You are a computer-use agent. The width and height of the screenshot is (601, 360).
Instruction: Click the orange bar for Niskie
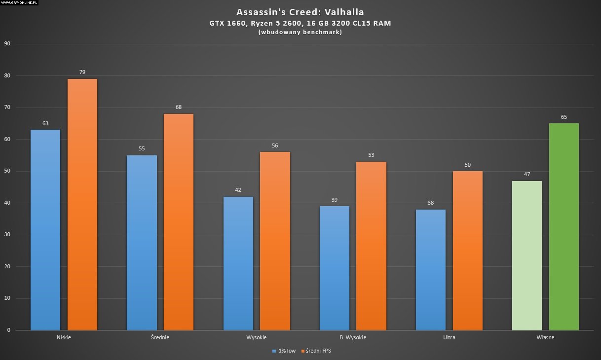[82, 204]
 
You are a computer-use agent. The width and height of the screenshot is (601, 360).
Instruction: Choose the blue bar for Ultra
[431, 270]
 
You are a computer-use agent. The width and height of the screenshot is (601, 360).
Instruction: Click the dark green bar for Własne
[564, 226]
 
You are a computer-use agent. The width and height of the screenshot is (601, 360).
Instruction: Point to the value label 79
[82, 72]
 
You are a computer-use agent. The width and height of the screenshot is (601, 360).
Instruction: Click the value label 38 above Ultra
[431, 202]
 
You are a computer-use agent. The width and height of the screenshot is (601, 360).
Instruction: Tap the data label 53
[371, 155]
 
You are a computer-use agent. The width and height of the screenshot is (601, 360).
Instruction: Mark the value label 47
[527, 174]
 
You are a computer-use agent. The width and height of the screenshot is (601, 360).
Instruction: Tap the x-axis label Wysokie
[256, 338]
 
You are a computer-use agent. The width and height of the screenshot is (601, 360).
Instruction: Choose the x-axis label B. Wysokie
[353, 338]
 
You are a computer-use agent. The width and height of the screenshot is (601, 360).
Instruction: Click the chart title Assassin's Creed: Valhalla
[300, 12]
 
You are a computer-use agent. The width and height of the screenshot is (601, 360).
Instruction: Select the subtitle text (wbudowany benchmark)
[300, 33]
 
